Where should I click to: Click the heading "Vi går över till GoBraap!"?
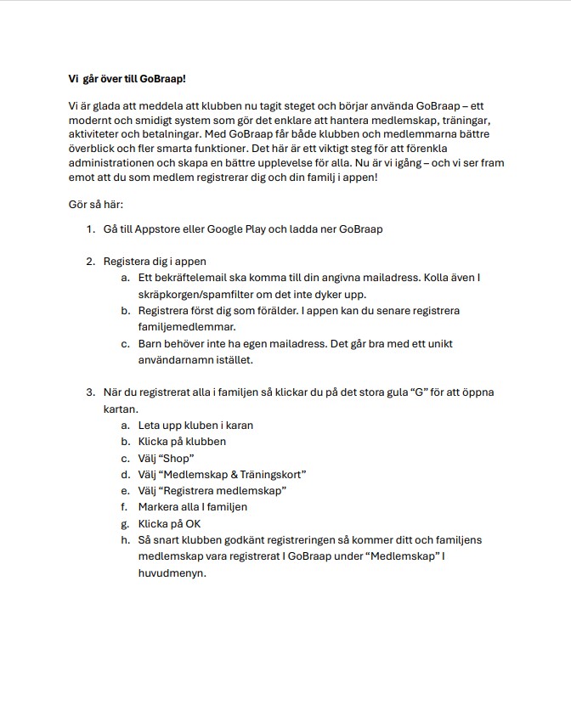pos(127,79)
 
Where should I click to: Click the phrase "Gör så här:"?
pos(95,205)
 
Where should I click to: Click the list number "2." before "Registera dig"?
pos(90,261)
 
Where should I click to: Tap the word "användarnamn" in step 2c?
pos(175,359)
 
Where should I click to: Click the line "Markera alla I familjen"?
pos(193,506)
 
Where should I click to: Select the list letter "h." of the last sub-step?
pos(125,539)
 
